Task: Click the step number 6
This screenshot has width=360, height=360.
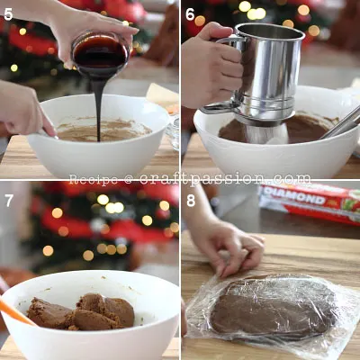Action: (x=190, y=14)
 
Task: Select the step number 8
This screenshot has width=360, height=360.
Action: (x=190, y=199)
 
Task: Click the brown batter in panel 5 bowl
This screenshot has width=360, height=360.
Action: (x=103, y=131)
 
